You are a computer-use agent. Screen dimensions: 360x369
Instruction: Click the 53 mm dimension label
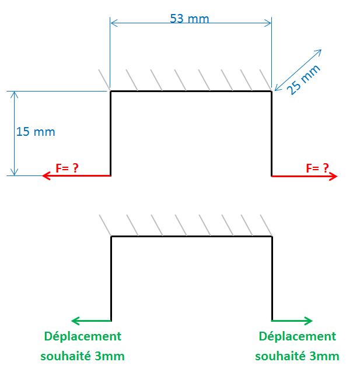tap(189, 19)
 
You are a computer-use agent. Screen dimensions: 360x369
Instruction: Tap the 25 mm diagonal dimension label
tap(305, 79)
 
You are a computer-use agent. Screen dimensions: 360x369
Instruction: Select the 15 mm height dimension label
tap(36, 132)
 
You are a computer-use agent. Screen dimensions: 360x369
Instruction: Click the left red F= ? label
tap(67, 168)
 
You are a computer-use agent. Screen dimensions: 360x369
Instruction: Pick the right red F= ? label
tap(317, 168)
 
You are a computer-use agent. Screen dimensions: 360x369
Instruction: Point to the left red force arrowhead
tap(46, 175)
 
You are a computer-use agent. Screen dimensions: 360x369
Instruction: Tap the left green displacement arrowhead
tap(75, 320)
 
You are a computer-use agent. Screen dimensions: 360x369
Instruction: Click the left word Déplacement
tap(83, 336)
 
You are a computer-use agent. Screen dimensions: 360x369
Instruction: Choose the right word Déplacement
tap(298, 336)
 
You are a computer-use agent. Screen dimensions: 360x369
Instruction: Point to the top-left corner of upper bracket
tap(111, 92)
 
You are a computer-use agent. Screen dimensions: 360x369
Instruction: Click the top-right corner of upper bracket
tap(272, 92)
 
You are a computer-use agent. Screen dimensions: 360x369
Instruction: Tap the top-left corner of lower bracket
tap(111, 236)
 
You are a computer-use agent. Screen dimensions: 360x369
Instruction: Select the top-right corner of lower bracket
tap(272, 236)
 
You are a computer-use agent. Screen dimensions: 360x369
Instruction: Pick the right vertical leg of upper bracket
tap(272, 133)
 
